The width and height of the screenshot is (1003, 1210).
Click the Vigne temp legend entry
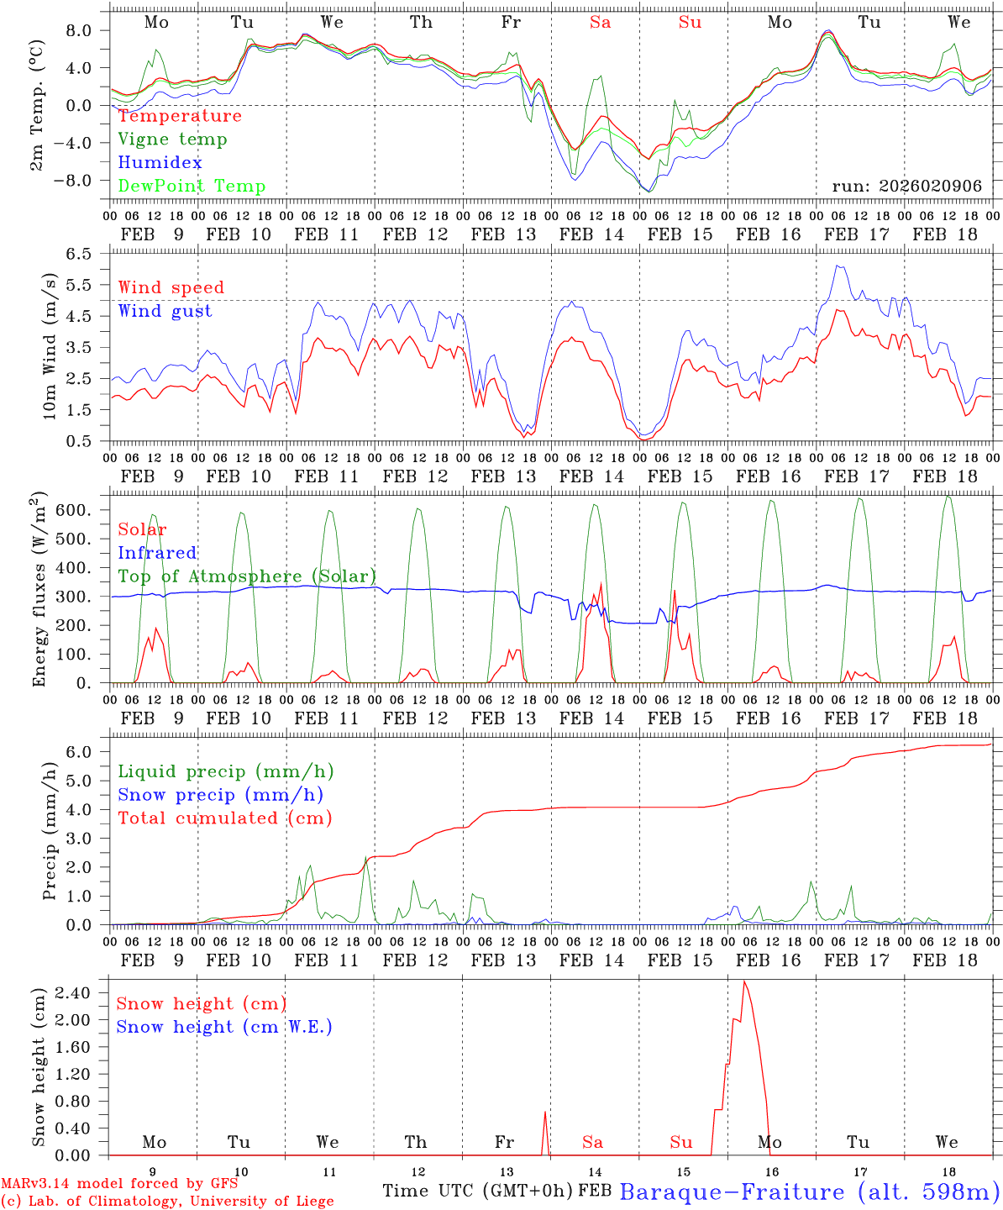172,139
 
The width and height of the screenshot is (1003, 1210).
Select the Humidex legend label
160,163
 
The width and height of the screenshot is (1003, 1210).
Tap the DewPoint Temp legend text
192,187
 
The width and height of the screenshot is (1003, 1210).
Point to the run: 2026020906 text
906,187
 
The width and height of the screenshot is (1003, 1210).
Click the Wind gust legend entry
165,311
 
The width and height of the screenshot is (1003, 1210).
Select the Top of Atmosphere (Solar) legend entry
247,576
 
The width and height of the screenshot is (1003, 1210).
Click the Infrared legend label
157,553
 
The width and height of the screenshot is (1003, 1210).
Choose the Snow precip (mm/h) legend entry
220,795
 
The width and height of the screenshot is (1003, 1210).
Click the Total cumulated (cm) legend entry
224,818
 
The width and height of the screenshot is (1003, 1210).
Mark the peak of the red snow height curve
743,981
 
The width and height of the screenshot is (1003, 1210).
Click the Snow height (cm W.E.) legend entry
223,1027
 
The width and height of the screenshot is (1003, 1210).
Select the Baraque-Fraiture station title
809,1192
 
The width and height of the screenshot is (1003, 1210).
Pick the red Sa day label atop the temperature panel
600,23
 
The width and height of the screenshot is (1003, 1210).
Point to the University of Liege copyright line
167,1202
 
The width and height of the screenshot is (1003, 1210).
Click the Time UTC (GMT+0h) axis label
477,1191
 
